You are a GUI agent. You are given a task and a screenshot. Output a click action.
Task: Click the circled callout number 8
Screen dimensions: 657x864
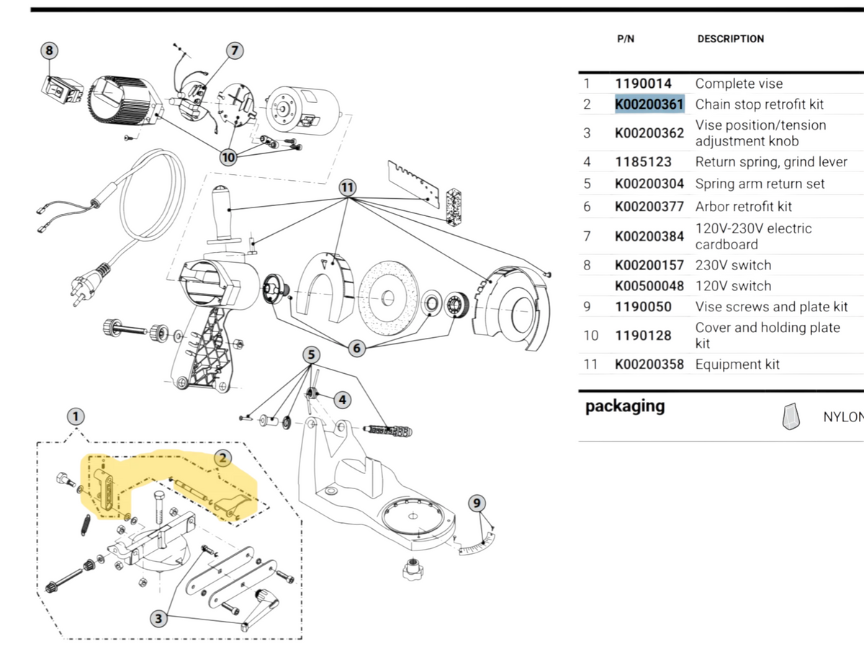tap(49, 50)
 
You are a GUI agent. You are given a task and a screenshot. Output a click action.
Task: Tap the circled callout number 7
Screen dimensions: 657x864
tap(234, 50)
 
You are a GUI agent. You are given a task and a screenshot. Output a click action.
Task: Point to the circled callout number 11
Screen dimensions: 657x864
tap(348, 187)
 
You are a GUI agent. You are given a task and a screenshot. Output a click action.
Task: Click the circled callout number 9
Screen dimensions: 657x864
tap(477, 504)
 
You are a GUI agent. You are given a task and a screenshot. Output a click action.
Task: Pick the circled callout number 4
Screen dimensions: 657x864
tap(342, 398)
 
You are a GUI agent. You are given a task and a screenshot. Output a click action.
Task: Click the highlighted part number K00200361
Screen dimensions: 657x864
tap(649, 104)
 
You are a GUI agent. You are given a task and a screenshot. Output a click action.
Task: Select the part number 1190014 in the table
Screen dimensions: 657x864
tap(643, 84)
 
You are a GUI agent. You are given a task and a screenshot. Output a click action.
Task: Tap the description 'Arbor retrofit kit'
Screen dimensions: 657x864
tap(743, 207)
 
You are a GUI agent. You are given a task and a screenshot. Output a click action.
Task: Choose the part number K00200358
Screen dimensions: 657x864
tap(649, 365)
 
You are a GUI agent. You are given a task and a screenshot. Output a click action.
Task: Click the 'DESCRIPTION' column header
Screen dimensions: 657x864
tap(730, 39)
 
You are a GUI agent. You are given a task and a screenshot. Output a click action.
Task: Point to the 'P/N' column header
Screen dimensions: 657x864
tap(626, 39)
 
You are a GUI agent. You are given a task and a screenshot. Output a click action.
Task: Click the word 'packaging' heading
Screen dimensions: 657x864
tap(624, 406)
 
